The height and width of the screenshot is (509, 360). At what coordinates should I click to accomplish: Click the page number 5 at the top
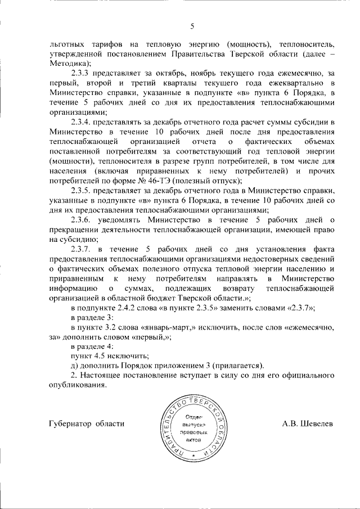pos(192,25)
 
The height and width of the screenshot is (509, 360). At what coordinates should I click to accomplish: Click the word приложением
pos(185,366)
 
